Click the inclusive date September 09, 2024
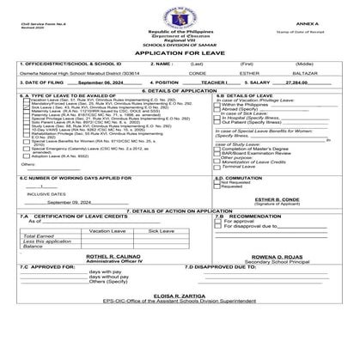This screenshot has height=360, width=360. pyautogui.click(x=58, y=224)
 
